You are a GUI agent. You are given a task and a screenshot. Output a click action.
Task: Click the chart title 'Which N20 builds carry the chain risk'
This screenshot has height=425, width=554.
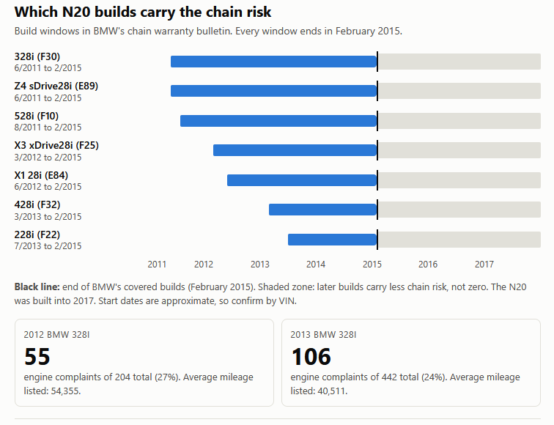143,12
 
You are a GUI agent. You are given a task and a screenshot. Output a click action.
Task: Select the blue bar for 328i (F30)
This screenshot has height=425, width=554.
274,62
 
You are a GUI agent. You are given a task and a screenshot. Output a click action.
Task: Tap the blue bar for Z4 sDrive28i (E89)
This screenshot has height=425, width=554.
274,91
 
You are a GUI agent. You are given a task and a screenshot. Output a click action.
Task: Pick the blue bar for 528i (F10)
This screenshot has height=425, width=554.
278,121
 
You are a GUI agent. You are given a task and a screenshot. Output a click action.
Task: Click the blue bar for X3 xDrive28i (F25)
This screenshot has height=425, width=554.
295,150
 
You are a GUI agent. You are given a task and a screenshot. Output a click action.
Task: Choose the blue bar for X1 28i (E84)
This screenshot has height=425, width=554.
302,180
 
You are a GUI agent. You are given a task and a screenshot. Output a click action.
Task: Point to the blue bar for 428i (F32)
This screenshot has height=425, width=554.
323,210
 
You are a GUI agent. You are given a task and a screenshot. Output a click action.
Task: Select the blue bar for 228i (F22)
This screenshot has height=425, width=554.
333,240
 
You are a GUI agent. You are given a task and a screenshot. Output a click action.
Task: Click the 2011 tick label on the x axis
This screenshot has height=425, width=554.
157,265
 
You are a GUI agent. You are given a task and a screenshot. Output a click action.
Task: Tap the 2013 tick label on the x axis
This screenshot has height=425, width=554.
260,265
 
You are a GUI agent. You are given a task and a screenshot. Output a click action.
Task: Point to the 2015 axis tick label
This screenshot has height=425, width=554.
372,265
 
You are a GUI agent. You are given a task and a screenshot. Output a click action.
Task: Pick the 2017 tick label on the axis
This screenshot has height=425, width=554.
484,265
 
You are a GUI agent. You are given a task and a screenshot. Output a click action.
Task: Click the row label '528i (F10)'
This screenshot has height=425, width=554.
37,116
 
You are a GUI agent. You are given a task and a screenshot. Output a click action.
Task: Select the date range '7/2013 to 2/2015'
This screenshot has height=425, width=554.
48,246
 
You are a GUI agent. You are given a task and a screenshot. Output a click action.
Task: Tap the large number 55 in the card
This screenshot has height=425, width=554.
37,356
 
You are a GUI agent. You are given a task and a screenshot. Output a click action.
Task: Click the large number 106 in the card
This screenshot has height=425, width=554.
311,356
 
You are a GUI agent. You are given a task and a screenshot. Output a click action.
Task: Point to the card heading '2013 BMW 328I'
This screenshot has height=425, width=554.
323,335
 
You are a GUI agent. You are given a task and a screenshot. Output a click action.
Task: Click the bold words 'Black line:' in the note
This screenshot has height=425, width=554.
37,287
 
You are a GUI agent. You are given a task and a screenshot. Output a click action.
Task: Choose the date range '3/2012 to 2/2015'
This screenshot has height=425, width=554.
48,158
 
